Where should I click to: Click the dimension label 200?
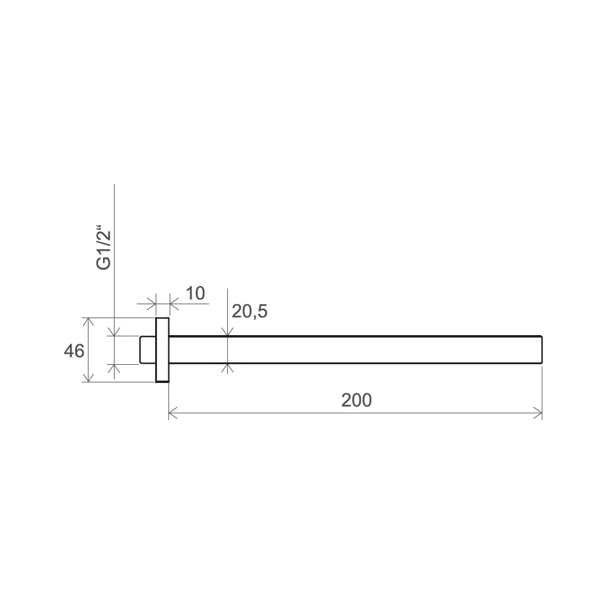coord(356,400)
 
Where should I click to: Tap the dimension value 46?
coord(74,351)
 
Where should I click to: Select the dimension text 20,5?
coord(249,311)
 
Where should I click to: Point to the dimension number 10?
coord(195,293)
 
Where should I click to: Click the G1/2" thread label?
coord(104,247)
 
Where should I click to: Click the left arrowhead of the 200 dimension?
coord(173,413)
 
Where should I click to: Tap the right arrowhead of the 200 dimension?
coord(538,413)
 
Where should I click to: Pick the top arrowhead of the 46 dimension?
coord(88,322)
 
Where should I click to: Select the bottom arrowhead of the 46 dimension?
coord(88,378)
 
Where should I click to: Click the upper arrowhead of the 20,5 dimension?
coord(227,331)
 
